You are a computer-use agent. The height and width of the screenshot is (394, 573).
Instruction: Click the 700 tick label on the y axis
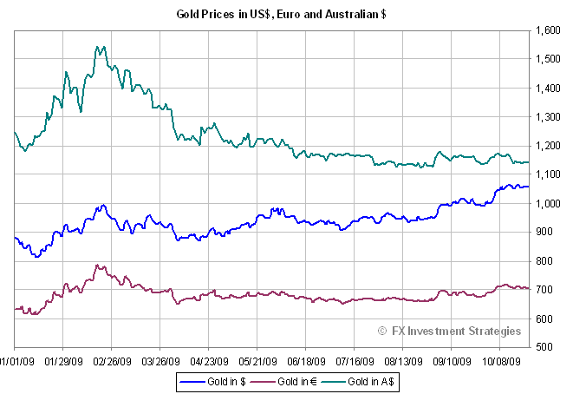tap(547, 290)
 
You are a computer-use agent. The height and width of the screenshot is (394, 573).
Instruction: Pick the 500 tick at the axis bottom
tap(547, 347)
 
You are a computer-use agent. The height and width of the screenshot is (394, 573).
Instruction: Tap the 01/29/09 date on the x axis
tap(63, 358)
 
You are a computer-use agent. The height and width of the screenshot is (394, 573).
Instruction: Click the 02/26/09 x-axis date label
tap(112, 358)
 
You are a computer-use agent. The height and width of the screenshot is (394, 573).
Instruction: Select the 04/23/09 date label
tap(209, 358)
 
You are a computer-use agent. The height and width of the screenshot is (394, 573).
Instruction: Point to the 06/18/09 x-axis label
tap(306, 358)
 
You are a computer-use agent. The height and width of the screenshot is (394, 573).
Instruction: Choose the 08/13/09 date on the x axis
tap(403, 358)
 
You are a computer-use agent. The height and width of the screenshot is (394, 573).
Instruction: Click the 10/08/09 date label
tap(500, 358)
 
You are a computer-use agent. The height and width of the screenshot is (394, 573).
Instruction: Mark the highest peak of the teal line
tap(101, 47)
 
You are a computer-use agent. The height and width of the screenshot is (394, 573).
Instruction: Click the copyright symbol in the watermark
tap(382, 331)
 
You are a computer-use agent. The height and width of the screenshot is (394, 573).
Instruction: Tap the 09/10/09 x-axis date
tap(452, 358)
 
